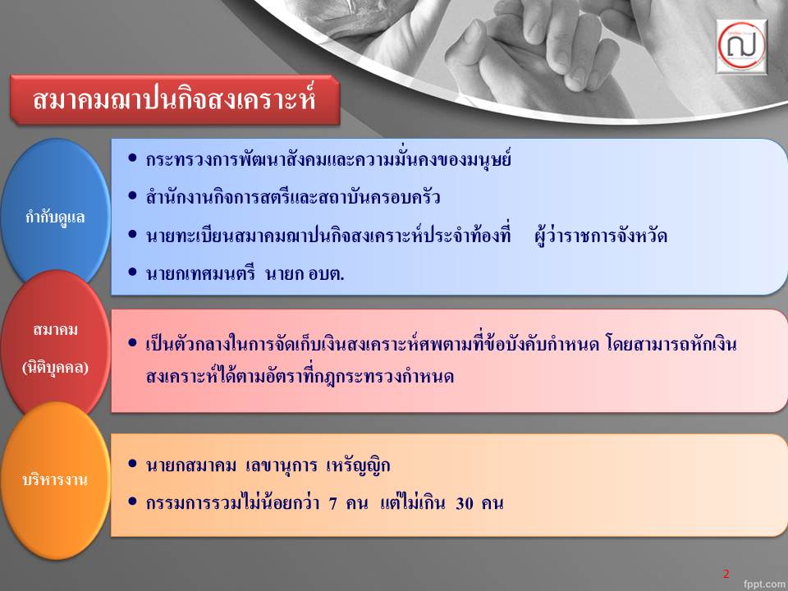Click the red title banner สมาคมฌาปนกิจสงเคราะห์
click(175, 99)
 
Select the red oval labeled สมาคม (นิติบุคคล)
click(55, 346)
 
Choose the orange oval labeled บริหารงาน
click(55, 480)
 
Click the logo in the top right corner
click(742, 46)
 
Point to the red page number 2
click(726, 574)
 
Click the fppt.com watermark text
click(765, 584)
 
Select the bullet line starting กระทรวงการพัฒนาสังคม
click(328, 159)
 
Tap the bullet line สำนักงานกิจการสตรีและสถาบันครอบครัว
click(293, 197)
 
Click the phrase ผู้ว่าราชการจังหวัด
click(601, 236)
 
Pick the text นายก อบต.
click(305, 274)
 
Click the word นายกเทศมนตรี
click(200, 274)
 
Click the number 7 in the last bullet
click(332, 503)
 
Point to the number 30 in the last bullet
click(465, 503)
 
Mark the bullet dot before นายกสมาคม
click(133, 463)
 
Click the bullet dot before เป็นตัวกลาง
click(133, 343)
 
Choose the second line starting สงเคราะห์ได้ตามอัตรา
click(300, 376)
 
